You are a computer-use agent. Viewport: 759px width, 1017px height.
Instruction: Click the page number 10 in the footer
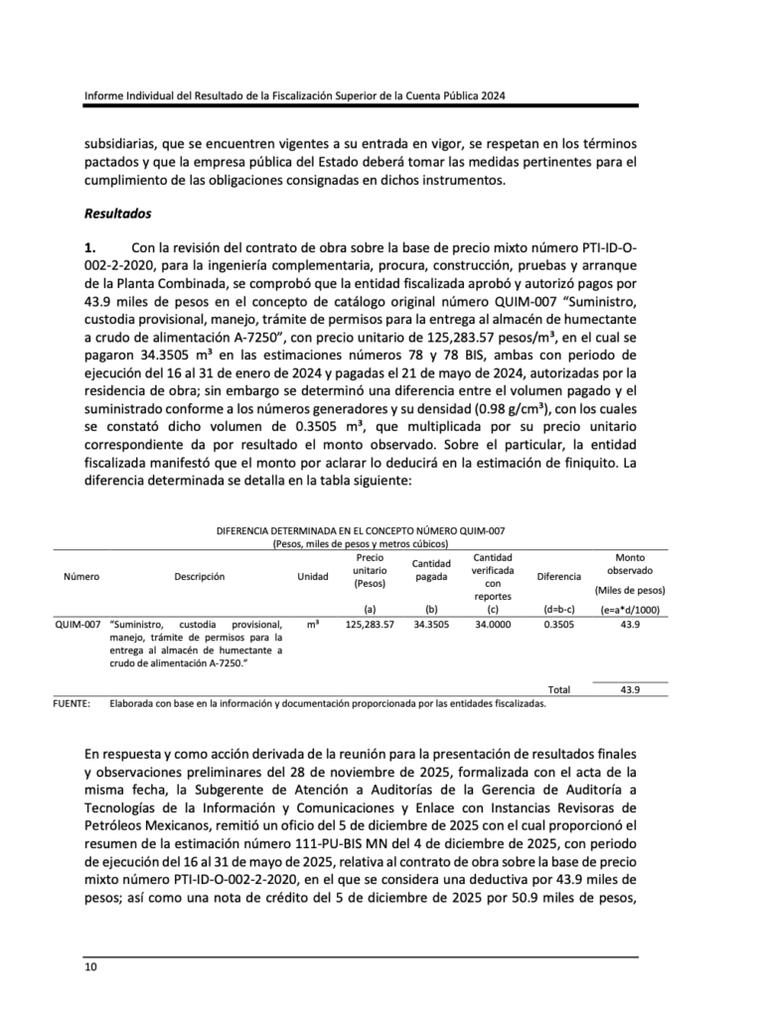click(89, 965)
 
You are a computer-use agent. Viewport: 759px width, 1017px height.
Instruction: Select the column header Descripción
click(199, 577)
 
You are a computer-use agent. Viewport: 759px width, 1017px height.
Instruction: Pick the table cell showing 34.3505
click(431, 625)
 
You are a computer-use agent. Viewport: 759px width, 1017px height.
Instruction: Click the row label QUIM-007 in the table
click(78, 625)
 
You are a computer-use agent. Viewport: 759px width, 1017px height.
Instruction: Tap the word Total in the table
click(559, 689)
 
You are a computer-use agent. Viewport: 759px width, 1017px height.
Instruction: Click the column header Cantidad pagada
click(431, 571)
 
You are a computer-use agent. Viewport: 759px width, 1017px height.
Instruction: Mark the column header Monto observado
click(630, 564)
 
